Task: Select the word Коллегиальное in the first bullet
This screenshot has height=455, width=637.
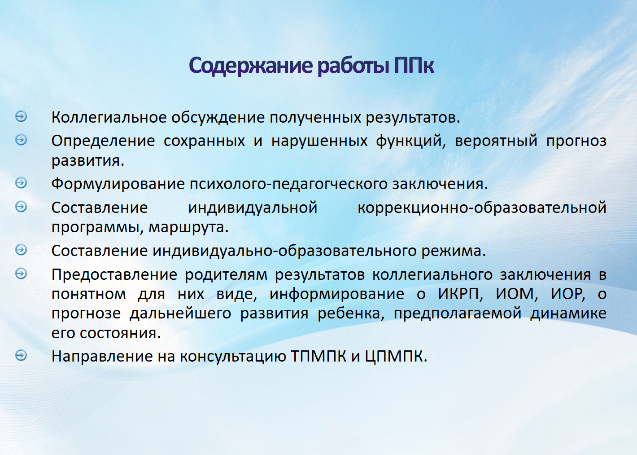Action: pos(109,118)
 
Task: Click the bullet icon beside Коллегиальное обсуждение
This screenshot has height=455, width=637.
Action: pos(21,116)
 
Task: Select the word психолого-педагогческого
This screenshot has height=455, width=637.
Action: pos(288,185)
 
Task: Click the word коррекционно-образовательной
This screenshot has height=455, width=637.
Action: pos(482,208)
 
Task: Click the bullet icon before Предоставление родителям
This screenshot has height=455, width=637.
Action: pos(21,274)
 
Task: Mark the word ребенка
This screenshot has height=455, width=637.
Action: pos(351,314)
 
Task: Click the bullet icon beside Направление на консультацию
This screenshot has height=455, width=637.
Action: pos(21,355)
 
